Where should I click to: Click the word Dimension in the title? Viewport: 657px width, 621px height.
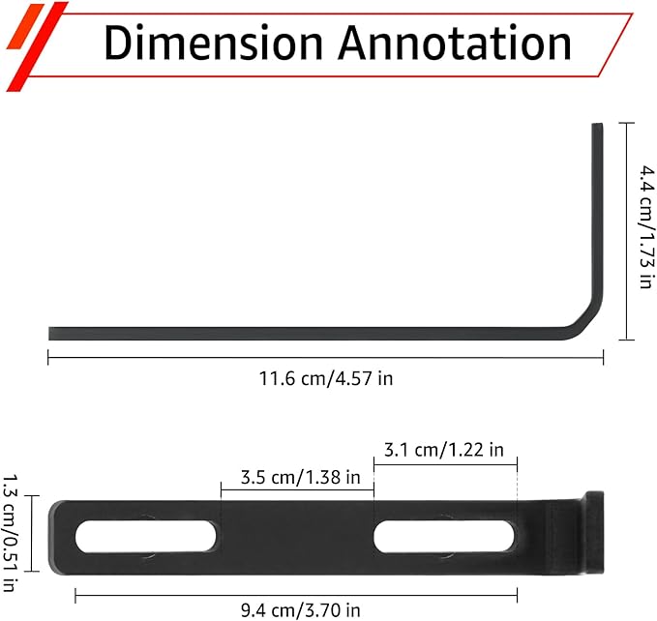213,43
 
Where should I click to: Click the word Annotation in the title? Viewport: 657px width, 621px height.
455,43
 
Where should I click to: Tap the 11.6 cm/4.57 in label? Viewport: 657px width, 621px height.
326,378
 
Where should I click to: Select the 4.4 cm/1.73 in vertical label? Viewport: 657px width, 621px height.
646,227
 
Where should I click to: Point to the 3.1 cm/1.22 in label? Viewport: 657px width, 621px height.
444,450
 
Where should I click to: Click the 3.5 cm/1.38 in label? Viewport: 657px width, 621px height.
300,478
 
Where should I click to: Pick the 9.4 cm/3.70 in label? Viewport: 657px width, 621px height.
300,610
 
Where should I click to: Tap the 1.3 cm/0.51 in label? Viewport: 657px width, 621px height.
10,533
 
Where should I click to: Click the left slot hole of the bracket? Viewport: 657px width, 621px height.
146,537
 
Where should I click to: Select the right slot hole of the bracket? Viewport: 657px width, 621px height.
444,537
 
